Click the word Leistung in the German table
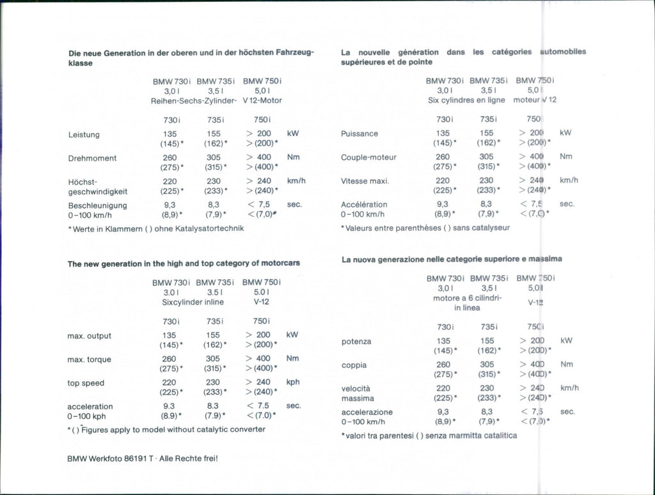[x=84, y=134]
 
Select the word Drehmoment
[x=92, y=158]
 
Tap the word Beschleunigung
[x=97, y=205]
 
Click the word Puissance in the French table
[x=359, y=134]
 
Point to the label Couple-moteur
[x=368, y=157]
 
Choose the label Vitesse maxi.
[x=365, y=181]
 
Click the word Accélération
[x=364, y=205]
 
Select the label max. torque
[x=89, y=359]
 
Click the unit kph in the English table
[x=294, y=382]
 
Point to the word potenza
[x=356, y=342]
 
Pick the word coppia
[x=354, y=365]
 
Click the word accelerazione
[x=367, y=412]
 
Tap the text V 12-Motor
[x=262, y=100]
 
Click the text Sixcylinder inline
[x=193, y=302]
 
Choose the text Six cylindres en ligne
[x=466, y=100]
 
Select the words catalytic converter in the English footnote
[x=228, y=430]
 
